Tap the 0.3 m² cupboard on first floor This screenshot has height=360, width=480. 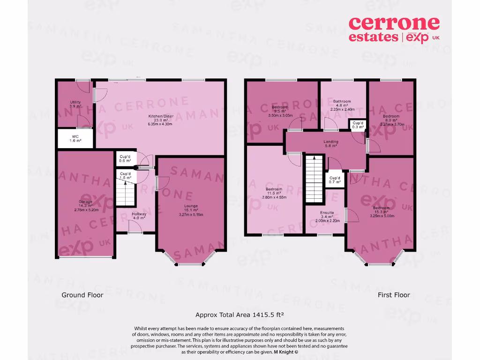click(x=357, y=124)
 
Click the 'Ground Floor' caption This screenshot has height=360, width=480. click(x=82, y=295)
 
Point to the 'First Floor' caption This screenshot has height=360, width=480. click(x=394, y=295)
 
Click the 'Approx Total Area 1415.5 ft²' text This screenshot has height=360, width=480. click(x=240, y=315)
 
